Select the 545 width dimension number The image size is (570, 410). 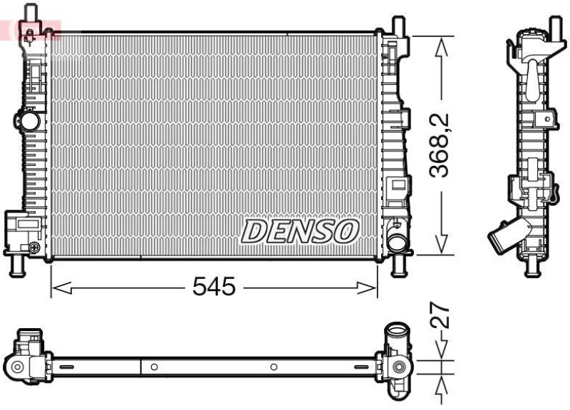coord(214,287)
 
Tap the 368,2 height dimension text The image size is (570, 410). coord(442,144)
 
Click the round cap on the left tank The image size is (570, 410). coord(29,121)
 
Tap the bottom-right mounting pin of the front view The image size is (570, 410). coord(400,266)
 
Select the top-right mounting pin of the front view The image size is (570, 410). coord(400,24)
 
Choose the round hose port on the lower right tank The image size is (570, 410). coord(396,240)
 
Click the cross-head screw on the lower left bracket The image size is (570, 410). coord(34,247)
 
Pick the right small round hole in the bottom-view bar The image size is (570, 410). coord(274,367)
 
